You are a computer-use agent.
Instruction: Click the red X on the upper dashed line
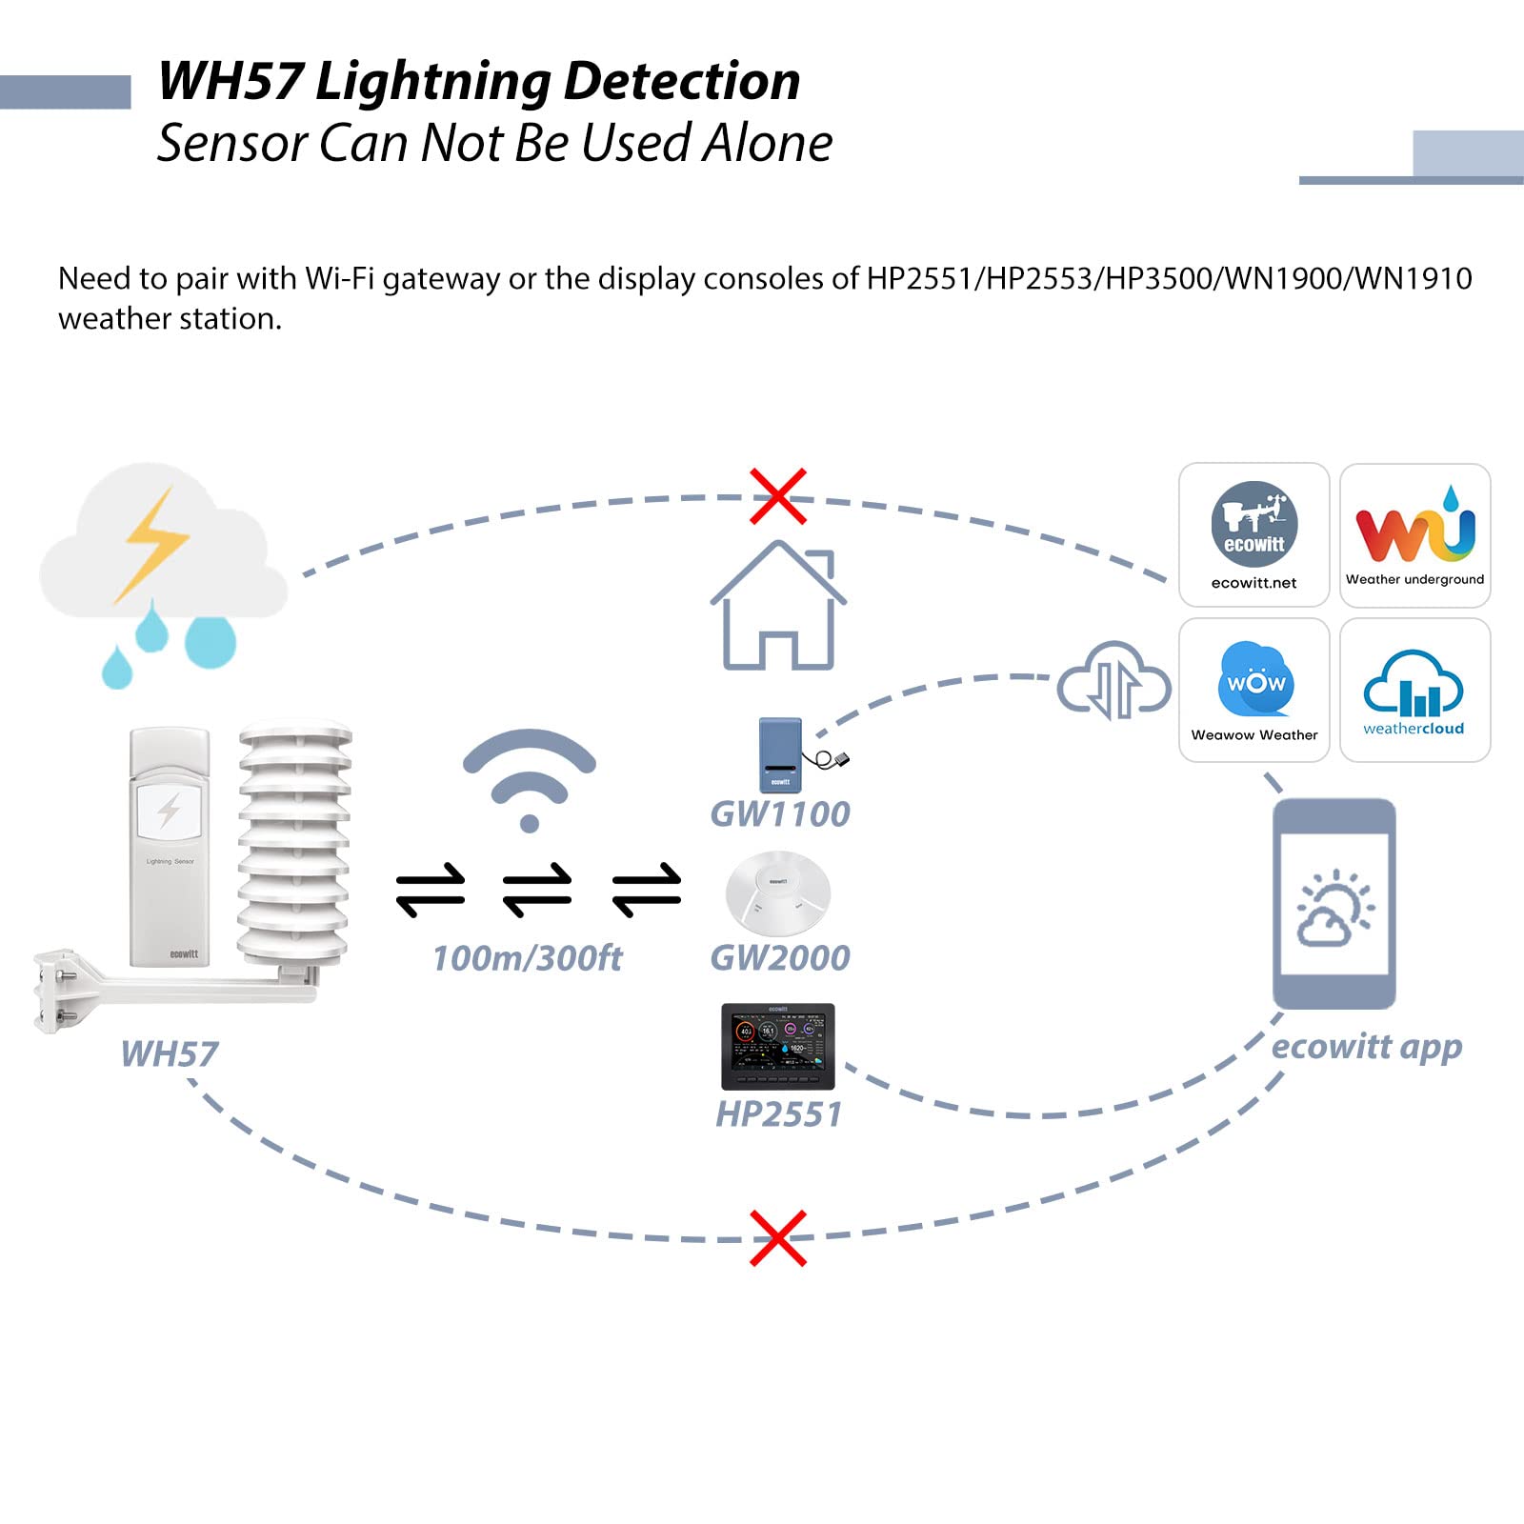click(777, 496)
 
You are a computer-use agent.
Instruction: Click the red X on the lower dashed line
click(777, 1237)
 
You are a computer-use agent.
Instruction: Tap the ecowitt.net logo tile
click(1253, 534)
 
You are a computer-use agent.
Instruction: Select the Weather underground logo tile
click(1414, 534)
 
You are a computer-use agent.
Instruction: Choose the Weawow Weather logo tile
click(1253, 690)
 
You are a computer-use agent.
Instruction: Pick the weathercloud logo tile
click(1414, 690)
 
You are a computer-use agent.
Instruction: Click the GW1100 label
click(780, 814)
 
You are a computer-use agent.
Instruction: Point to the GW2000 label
click(780, 958)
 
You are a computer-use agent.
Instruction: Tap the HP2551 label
click(779, 1113)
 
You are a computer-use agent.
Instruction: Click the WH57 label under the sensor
click(170, 1054)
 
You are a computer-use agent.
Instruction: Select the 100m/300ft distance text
click(527, 958)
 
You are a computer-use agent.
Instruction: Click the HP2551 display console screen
click(777, 1046)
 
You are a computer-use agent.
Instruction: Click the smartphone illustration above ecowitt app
click(1334, 903)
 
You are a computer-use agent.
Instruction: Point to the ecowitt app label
click(1366, 1047)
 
